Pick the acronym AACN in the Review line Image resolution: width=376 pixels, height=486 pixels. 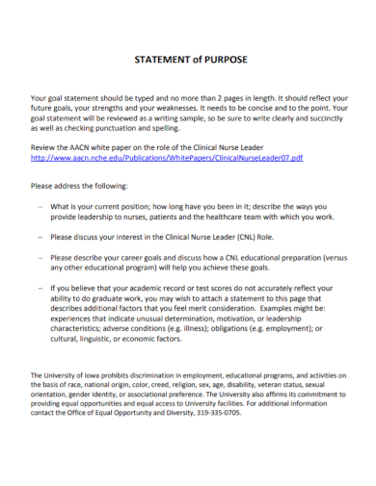click(91, 146)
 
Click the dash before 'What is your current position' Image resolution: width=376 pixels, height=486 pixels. click(40, 207)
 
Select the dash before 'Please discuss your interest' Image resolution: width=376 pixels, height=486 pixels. click(40, 235)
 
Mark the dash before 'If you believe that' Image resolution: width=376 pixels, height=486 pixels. click(40, 287)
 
